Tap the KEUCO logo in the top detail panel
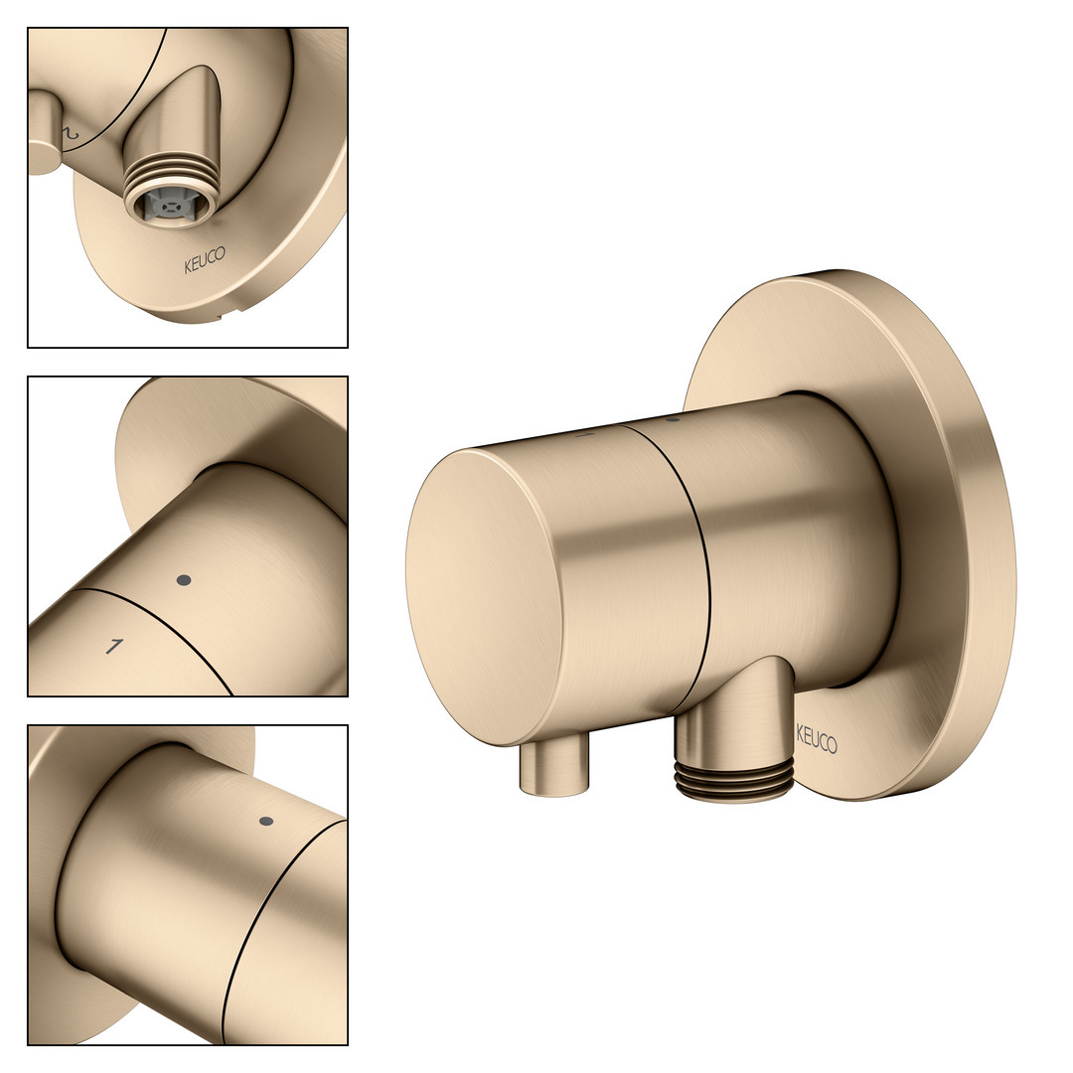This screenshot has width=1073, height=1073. click(x=205, y=260)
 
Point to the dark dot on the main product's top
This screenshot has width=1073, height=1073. click(x=672, y=418)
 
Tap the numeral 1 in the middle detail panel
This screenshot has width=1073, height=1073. click(x=114, y=646)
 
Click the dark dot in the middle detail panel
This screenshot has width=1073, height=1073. click(x=184, y=580)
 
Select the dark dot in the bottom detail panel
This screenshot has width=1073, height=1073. click(x=267, y=822)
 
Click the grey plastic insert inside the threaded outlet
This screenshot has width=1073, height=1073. click(x=166, y=204)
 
